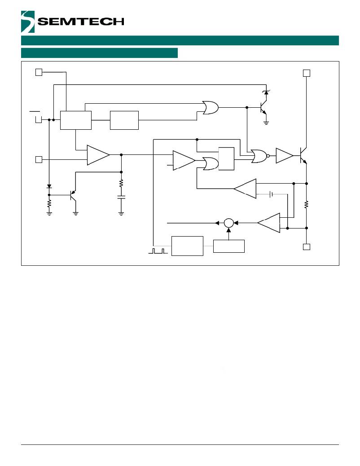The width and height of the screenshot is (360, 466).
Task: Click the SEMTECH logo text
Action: (x=81, y=22)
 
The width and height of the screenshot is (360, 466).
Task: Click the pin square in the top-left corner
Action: (x=39, y=72)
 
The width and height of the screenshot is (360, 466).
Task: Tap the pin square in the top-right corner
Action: (x=306, y=73)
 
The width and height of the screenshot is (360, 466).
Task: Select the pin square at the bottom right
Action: (x=306, y=247)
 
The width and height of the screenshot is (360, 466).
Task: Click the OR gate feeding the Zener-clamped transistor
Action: (x=210, y=107)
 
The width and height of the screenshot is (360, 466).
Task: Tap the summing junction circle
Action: (x=229, y=223)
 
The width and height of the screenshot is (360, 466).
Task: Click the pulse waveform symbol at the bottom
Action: (x=158, y=251)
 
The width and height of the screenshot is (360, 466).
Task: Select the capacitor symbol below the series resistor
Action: (x=121, y=197)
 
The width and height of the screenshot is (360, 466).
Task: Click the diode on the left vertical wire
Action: (x=49, y=186)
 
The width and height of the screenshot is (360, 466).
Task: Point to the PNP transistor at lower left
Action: (x=72, y=195)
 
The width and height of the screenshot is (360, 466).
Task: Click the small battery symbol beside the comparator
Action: (x=271, y=194)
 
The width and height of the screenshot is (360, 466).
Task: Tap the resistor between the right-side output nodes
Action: (x=306, y=205)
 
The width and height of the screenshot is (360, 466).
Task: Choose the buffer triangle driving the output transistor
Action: (x=284, y=156)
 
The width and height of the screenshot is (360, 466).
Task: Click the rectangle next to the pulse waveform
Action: (x=187, y=246)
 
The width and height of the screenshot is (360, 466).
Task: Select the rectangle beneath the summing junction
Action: (x=229, y=246)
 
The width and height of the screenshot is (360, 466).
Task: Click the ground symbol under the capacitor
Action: (x=121, y=213)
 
